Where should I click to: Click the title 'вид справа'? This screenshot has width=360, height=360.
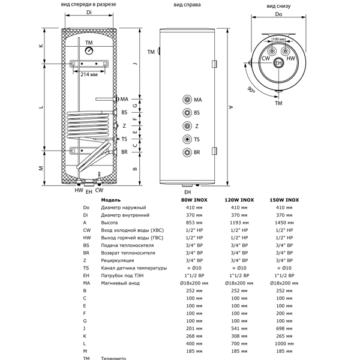[187, 5]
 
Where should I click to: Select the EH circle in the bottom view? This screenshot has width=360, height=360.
[278, 62]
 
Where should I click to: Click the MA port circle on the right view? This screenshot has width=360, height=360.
[187, 99]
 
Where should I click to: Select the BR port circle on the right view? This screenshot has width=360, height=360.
[187, 152]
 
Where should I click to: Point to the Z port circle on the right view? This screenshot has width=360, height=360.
[187, 126]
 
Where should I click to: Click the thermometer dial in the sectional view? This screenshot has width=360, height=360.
[89, 52]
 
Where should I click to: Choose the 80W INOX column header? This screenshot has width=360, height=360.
[192, 200]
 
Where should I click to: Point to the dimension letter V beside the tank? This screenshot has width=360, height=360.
[230, 107]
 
